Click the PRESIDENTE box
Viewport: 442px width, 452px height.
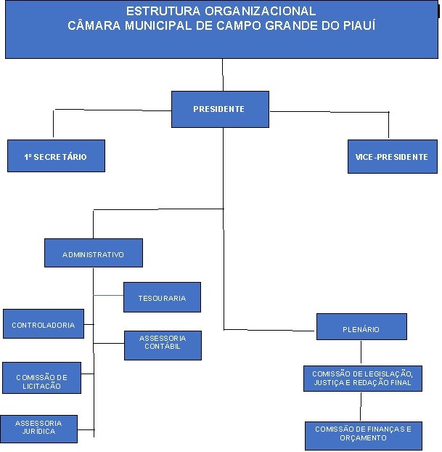point(220,109)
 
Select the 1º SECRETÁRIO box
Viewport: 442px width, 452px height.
point(56,156)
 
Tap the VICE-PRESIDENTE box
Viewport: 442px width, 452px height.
point(391,156)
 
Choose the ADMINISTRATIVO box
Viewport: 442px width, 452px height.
point(93,254)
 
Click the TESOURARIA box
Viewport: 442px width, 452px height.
point(162,297)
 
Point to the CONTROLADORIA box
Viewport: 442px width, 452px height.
point(44,325)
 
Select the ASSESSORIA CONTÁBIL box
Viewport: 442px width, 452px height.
point(163,344)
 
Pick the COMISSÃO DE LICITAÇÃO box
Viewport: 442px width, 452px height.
point(41,382)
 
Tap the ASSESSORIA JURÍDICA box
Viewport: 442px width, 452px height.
point(38,428)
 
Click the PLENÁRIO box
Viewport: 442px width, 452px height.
point(361,328)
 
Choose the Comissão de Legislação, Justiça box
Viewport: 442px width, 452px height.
point(362,378)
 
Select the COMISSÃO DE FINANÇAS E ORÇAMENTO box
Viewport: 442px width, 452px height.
point(363,434)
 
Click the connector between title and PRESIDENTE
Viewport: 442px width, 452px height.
point(222,75)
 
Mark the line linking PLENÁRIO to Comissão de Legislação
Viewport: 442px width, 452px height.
point(361,352)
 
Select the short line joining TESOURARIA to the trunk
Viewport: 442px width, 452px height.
point(108,295)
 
